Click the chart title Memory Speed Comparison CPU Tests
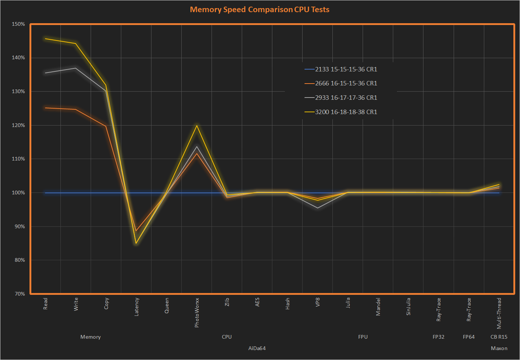tap(260, 9)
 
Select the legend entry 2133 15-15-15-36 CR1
tap(346, 69)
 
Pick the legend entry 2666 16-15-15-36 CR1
tap(346, 84)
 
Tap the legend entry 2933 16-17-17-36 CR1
tap(346, 98)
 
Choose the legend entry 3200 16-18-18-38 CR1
tap(346, 112)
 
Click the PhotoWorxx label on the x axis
tap(197, 313)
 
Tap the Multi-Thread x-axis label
tap(499, 313)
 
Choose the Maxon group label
tap(499, 349)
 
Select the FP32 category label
tap(439, 337)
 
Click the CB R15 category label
tap(499, 337)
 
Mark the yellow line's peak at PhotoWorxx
tap(197, 125)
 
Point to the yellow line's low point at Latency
tap(136, 243)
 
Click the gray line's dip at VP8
tap(318, 208)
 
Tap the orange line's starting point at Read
tap(45, 108)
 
